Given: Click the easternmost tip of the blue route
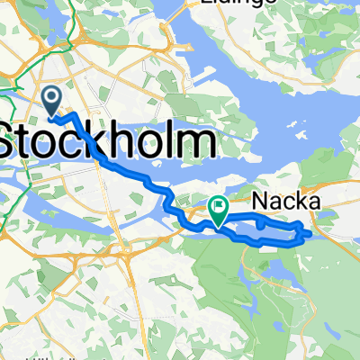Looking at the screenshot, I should coord(310,233).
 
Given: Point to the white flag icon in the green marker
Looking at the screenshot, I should coord(219,208).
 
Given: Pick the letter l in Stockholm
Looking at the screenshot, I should coord(174,142).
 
